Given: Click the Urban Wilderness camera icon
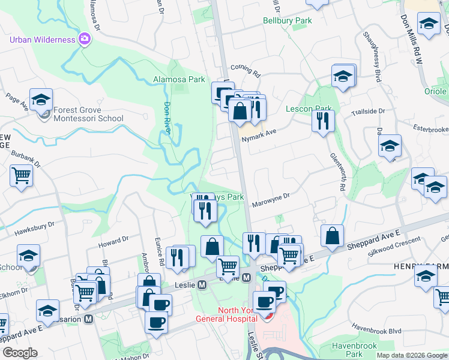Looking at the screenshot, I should tap(85, 40).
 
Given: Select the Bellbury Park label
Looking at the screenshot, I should tap(288, 20).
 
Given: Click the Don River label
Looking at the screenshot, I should tap(168, 117).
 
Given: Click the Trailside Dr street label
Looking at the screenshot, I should tap(368, 111).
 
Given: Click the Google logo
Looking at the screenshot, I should tap(19, 352).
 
